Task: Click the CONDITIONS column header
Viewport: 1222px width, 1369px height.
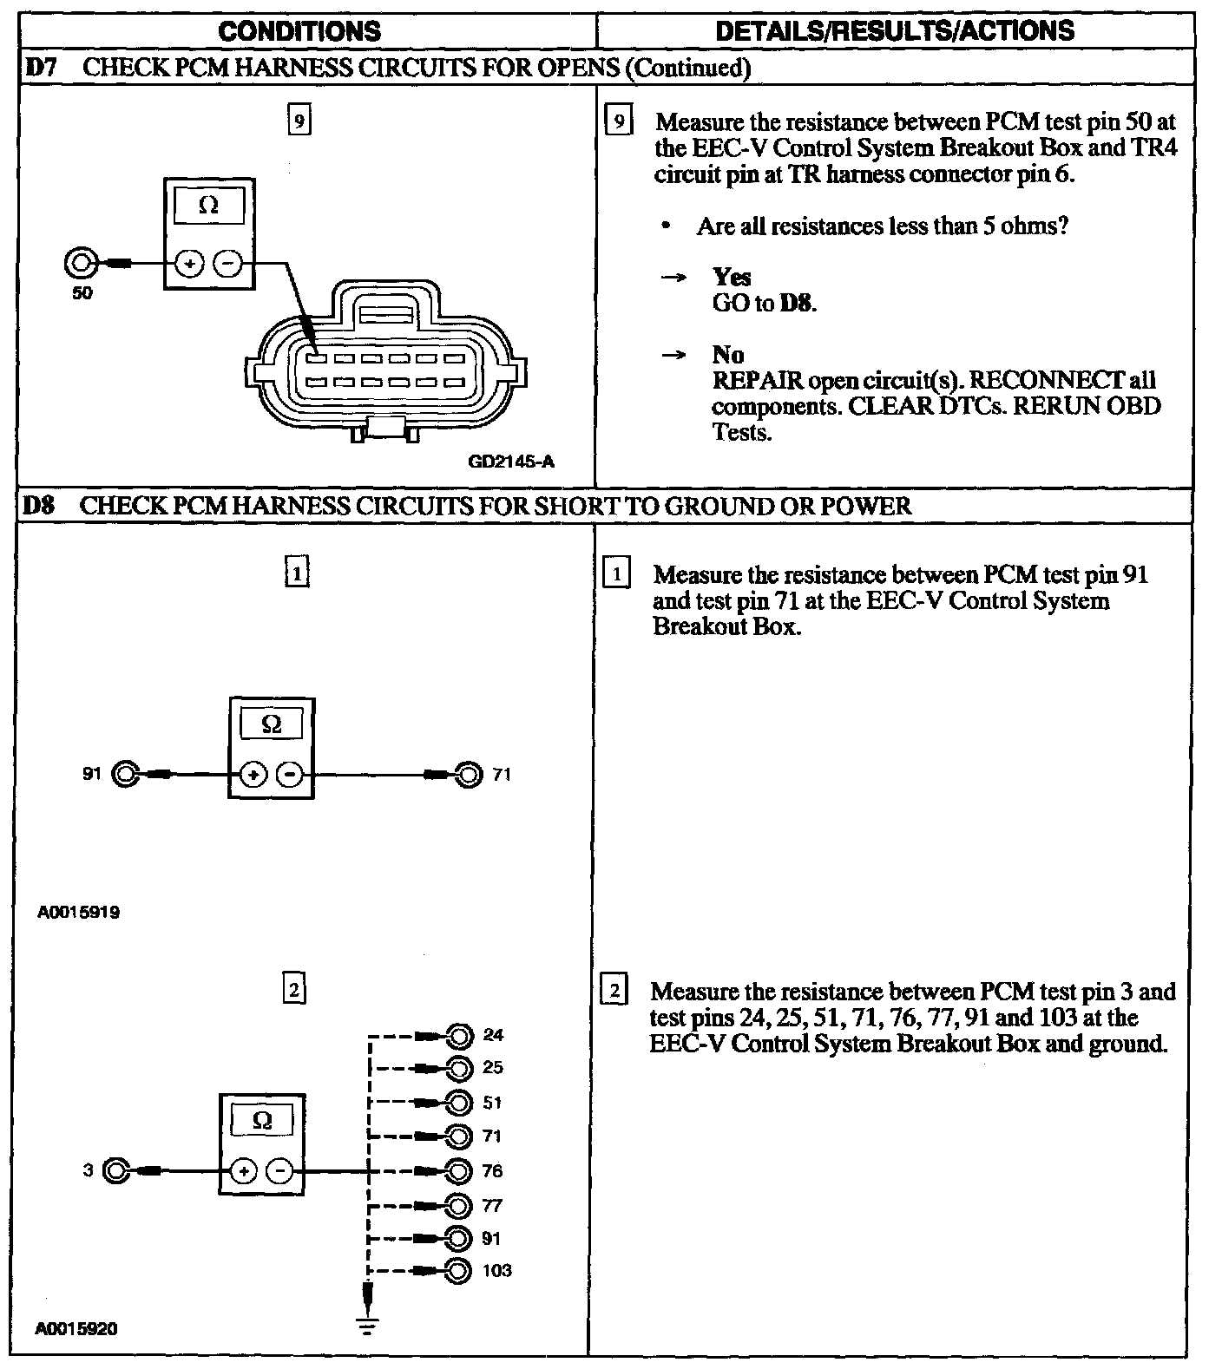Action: coord(299,31)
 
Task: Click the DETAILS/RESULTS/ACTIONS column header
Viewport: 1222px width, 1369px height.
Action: coord(895,31)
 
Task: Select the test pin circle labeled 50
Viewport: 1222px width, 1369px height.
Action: coord(81,262)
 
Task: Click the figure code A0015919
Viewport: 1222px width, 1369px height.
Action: coord(79,913)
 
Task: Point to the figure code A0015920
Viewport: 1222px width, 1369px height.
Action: coord(76,1329)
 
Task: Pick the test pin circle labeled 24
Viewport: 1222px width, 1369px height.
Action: coord(459,1035)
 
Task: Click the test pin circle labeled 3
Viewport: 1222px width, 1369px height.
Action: coord(115,1171)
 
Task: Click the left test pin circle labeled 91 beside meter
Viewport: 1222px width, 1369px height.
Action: coord(125,774)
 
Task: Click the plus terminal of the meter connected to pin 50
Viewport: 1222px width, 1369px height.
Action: coord(188,263)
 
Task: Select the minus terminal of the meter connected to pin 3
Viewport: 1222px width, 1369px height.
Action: coord(280,1172)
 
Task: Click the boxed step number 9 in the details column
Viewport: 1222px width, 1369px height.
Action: coord(618,121)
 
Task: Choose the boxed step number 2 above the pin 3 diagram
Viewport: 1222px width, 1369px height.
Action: coord(295,990)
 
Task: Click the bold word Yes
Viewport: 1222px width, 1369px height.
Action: coord(732,278)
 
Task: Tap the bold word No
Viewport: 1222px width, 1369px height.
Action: coord(727,355)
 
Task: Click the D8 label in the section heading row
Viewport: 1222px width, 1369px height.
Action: coord(39,506)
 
